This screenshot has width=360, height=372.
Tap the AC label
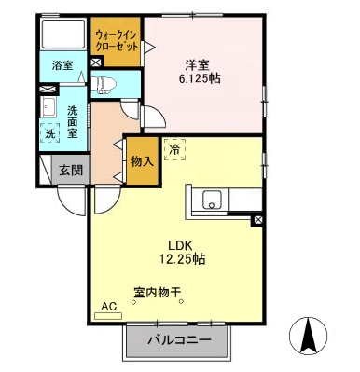[108, 306]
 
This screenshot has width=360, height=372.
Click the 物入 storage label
[142, 162]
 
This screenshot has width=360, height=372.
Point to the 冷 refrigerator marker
[174, 148]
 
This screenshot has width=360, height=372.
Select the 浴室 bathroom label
[62, 65]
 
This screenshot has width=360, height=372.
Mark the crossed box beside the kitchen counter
[257, 221]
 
